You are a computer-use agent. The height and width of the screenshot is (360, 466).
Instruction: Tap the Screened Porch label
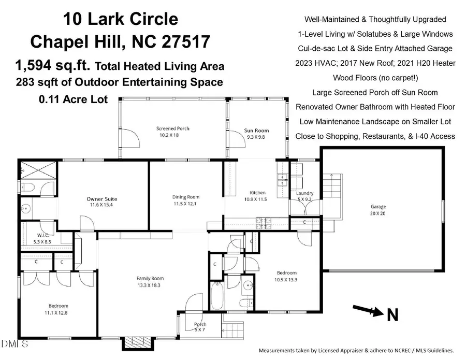173,128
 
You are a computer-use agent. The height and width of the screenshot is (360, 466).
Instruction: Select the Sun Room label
257,131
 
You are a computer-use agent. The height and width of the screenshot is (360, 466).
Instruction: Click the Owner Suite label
101,199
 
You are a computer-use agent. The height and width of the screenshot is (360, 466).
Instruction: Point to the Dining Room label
186,197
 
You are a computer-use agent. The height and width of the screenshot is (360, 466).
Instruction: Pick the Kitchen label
254,193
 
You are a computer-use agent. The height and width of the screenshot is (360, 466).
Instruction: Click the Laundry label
304,193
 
